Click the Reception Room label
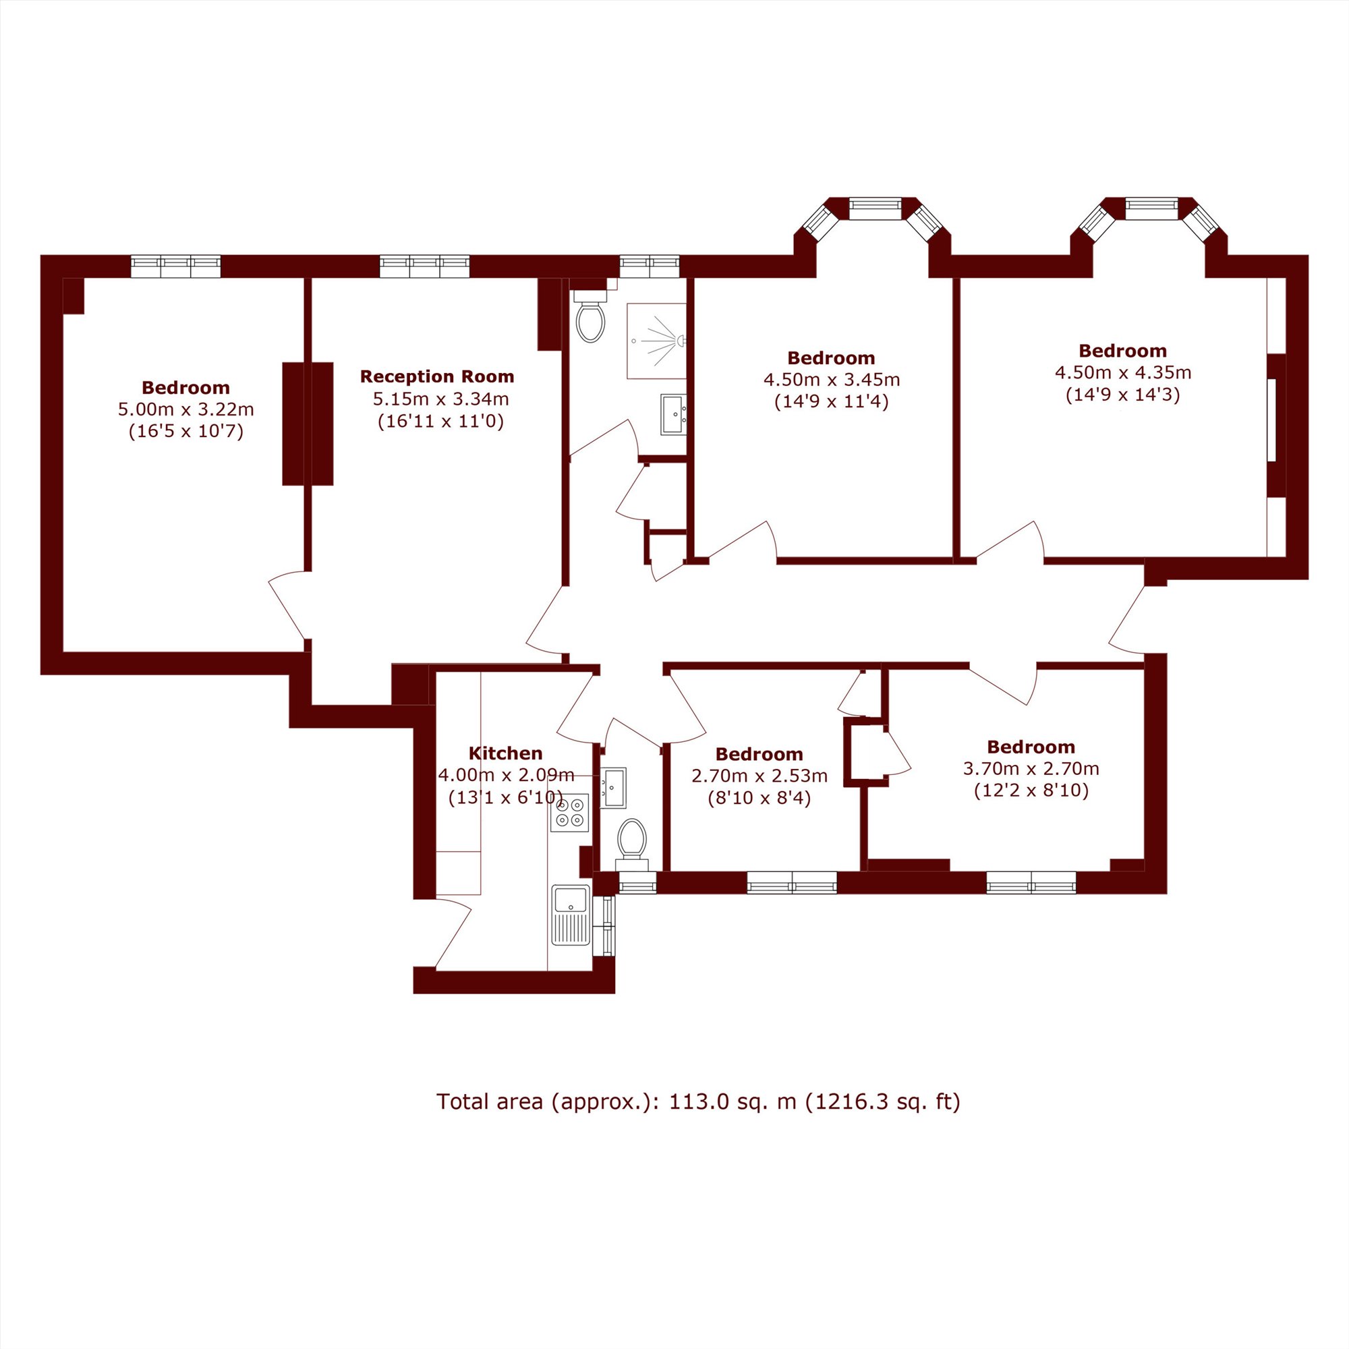(x=437, y=377)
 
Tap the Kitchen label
(x=505, y=753)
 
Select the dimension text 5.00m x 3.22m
(x=185, y=409)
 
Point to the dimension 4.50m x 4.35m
(x=1123, y=373)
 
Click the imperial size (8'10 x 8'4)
(x=759, y=798)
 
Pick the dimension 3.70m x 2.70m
(x=1031, y=769)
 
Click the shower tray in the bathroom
(x=656, y=341)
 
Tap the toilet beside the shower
(x=591, y=317)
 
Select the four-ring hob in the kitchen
(x=570, y=813)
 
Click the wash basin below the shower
(x=674, y=414)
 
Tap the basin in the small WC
(x=613, y=788)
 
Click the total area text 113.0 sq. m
(x=733, y=1101)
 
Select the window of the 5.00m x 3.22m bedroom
(x=176, y=266)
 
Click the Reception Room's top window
(x=424, y=266)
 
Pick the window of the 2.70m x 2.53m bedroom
(x=792, y=882)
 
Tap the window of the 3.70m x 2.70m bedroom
(x=1031, y=882)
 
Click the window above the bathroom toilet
(x=650, y=266)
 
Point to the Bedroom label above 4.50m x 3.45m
(x=831, y=358)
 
